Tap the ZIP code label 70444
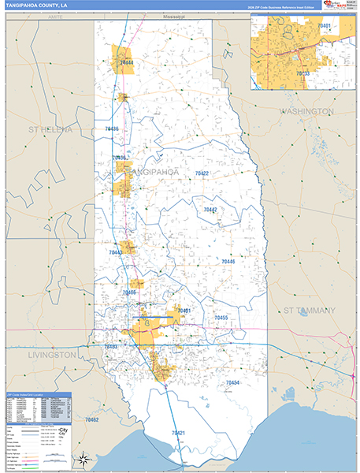tap(127, 61)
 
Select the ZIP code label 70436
tap(111, 128)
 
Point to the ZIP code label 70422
tap(202, 173)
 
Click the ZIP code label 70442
tap(210, 210)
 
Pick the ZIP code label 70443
tap(116, 252)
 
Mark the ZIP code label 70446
tap(228, 261)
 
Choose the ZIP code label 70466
tap(130, 292)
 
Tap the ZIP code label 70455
tap(221, 318)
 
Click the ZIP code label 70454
tap(232, 382)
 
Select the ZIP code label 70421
tap(178, 433)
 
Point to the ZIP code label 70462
tap(92, 420)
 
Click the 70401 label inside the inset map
tap(324, 27)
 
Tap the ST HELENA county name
tap(50, 128)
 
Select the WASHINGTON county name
tap(306, 112)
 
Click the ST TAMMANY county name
tap(309, 310)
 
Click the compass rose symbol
tap(82, 458)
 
